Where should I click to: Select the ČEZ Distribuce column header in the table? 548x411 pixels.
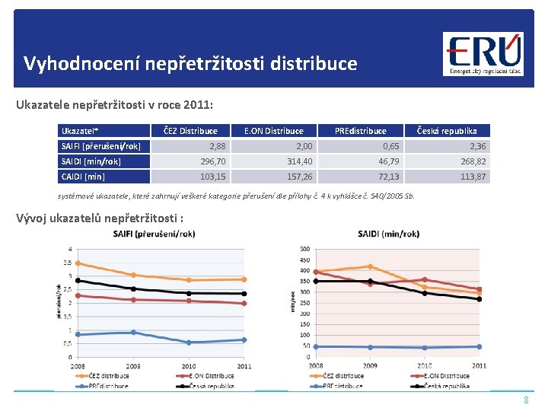tap(191, 131)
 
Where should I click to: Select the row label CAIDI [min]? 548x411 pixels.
tap(83, 177)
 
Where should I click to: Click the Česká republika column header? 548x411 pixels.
tap(447, 131)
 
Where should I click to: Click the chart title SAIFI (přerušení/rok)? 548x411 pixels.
tap(154, 234)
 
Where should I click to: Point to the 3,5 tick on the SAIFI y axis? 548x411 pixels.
tap(69, 263)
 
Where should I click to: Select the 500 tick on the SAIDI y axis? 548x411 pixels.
tap(305, 249)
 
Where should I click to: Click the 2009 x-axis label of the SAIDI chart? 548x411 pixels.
tap(370, 366)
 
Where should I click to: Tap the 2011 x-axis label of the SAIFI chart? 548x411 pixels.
tap(244, 366)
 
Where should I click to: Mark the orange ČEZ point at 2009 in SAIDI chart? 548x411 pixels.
tap(370, 266)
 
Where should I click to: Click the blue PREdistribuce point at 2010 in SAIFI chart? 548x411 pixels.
tap(189, 342)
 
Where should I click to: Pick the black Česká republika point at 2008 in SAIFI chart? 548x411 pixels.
tap(78, 280)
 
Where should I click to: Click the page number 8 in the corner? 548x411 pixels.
tap(525, 400)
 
